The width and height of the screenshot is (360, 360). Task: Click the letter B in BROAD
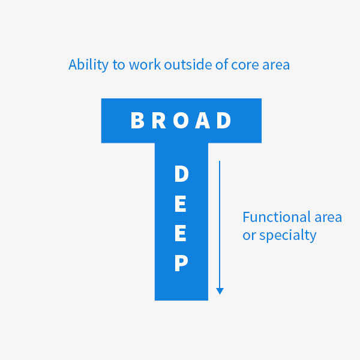click(137, 121)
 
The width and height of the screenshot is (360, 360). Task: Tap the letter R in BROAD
click(158, 121)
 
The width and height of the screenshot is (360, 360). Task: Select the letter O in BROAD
click(181, 121)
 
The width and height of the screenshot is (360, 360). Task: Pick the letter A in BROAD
click(202, 121)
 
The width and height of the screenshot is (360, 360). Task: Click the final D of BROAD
click(224, 121)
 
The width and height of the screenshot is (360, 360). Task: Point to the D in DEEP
click(182, 174)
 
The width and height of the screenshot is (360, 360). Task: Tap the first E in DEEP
click(181, 203)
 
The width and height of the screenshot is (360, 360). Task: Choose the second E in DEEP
click(181, 233)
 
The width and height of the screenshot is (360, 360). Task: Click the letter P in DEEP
click(181, 263)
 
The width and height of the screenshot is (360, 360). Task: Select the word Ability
click(88, 65)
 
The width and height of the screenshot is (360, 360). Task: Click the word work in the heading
click(145, 64)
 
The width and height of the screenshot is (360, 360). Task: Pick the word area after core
click(276, 65)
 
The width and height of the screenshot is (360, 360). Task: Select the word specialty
click(287, 236)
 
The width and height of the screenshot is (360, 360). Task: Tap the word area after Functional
click(328, 218)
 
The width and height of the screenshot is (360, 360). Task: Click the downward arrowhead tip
click(220, 295)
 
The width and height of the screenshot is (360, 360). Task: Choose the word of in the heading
click(222, 64)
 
